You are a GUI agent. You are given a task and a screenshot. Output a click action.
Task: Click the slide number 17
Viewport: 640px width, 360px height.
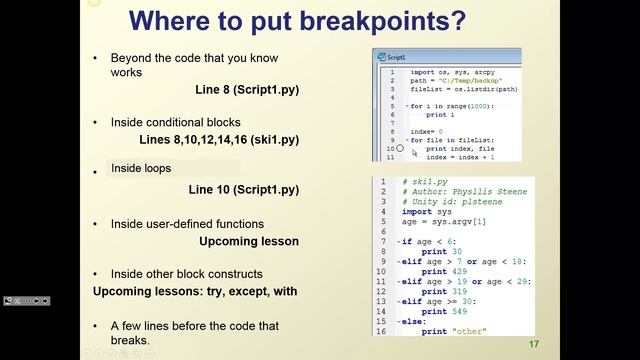(534, 345)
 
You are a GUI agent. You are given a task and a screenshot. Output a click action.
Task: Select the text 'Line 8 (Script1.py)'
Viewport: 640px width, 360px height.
(247, 90)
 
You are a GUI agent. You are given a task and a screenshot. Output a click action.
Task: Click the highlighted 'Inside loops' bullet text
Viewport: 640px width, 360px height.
(141, 168)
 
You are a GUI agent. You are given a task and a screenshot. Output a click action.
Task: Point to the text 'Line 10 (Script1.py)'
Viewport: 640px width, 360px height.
(243, 189)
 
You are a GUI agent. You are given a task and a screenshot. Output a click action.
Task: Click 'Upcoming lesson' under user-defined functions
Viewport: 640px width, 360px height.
(248, 241)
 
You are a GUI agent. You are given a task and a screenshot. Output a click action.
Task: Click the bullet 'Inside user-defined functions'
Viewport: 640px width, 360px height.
(187, 224)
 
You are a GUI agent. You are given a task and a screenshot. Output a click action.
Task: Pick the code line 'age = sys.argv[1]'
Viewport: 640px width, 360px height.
(438, 222)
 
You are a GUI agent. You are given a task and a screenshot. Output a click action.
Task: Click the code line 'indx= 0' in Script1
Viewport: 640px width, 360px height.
(426, 131)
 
